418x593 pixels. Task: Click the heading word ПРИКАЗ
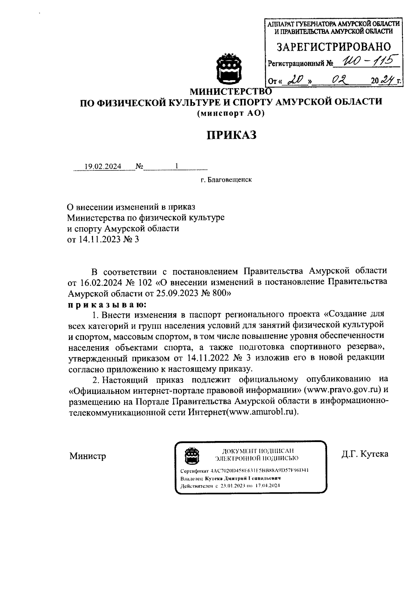pyautogui.click(x=232, y=135)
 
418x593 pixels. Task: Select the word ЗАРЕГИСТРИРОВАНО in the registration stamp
pyautogui.click(x=334, y=47)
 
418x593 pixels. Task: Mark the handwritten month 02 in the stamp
pyautogui.click(x=338, y=81)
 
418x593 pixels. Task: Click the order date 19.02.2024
pyautogui.click(x=103, y=166)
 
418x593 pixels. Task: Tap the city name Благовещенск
pyautogui.click(x=229, y=180)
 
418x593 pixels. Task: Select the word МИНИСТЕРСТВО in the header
pyautogui.click(x=230, y=92)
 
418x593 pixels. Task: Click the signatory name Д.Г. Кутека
pyautogui.click(x=365, y=454)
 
